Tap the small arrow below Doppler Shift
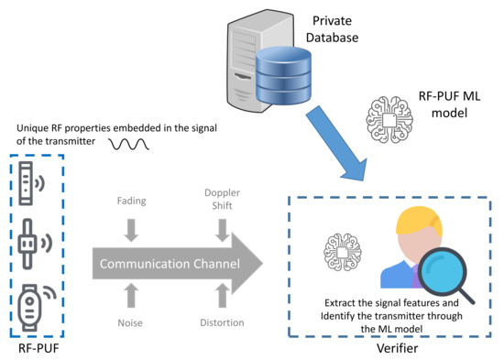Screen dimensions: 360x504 click(222, 235)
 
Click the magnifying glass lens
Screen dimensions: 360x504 click(444, 273)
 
